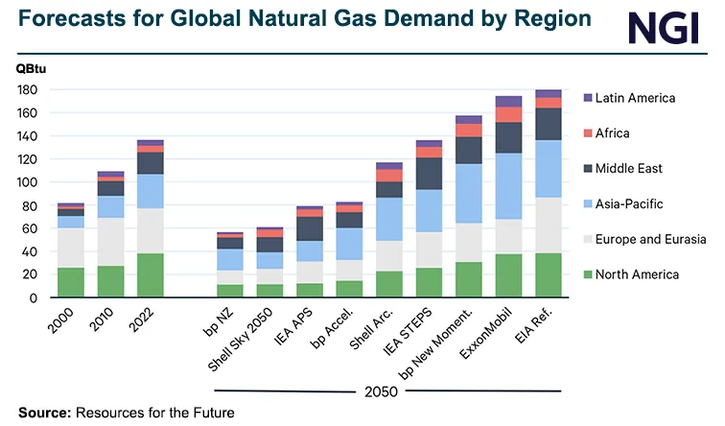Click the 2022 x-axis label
point(140,318)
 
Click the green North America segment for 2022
point(150,274)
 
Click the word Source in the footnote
point(39,413)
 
